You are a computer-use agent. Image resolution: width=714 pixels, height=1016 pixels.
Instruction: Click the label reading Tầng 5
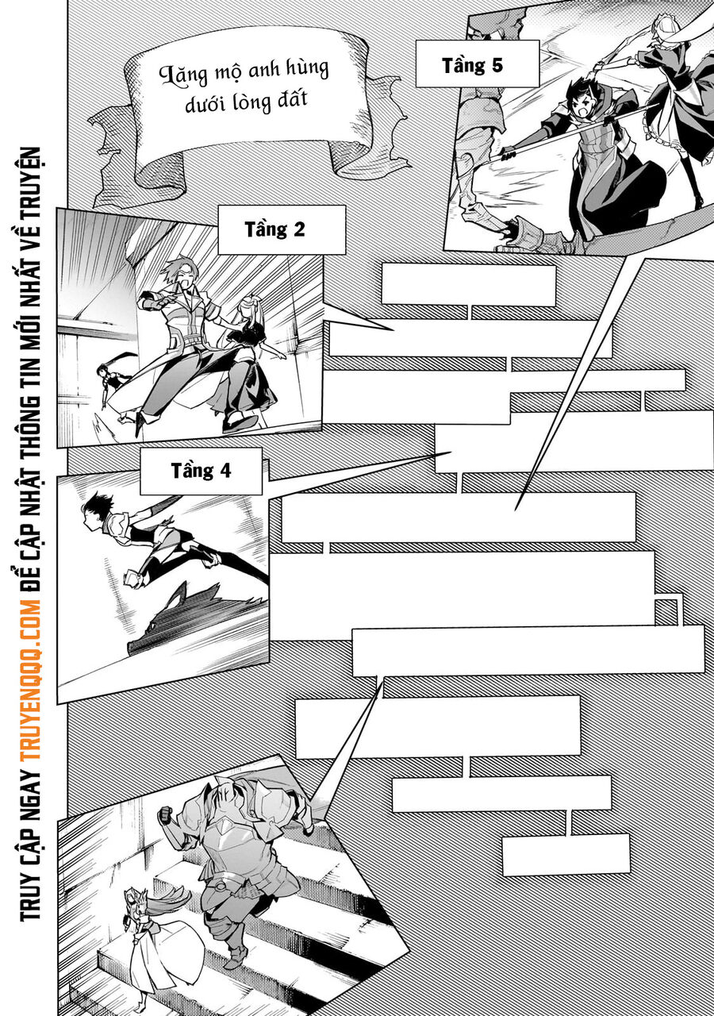pos(472,65)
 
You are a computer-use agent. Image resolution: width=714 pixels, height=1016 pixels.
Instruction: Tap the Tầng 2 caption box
pos(281,230)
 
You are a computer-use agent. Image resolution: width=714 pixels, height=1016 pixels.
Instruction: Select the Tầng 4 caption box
pos(201,471)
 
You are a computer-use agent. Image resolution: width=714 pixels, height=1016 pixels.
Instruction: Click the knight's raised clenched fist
pos(165,814)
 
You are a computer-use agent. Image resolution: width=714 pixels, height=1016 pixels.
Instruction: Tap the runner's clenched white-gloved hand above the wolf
pos(132,577)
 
